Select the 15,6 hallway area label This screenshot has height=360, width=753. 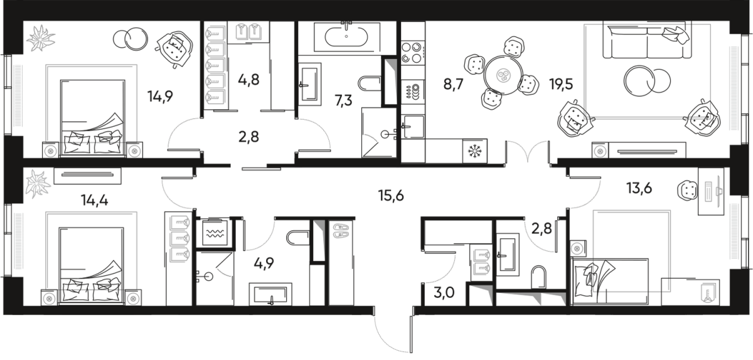pyautogui.click(x=391, y=196)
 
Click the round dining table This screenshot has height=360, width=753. pyautogui.click(x=503, y=74)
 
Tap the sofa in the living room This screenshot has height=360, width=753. pyautogui.click(x=639, y=41)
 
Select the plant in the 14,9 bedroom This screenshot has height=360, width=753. pyautogui.click(x=40, y=39)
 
